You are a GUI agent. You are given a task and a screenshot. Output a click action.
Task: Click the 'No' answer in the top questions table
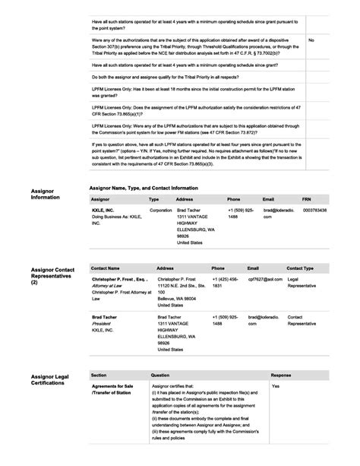(x=311, y=40)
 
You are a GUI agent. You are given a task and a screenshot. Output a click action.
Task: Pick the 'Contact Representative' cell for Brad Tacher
(x=302, y=319)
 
